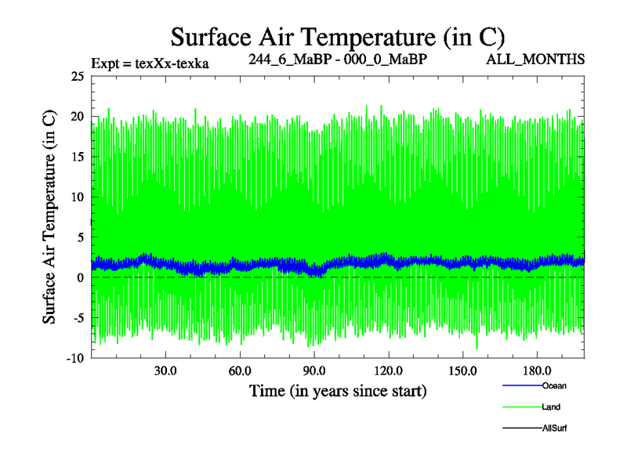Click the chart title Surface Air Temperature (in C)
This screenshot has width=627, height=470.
click(338, 36)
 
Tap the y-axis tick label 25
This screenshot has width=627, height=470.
click(77, 76)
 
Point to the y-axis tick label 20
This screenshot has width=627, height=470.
click(77, 117)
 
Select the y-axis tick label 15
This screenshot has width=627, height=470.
click(77, 157)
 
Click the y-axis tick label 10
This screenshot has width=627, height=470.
click(77, 197)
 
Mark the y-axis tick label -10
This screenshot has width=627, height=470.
click(74, 359)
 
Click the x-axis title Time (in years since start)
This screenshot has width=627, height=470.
click(338, 389)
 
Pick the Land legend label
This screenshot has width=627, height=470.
click(551, 407)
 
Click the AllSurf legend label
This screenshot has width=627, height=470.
click(555, 428)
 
